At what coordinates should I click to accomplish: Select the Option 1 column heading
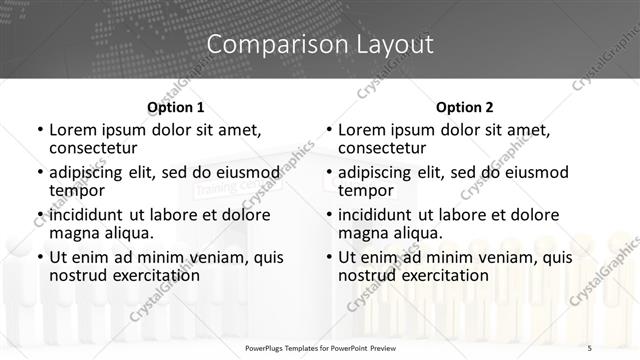(175, 107)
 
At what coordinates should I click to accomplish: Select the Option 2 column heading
(464, 107)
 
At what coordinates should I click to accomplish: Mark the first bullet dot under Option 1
(39, 130)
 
